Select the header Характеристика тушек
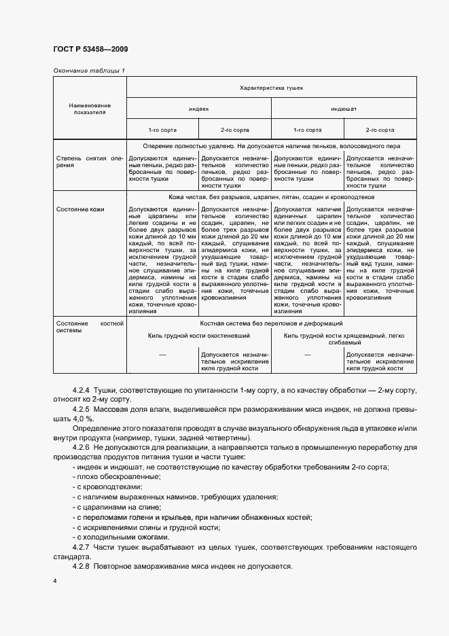coord(271,88)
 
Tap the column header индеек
coord(199,109)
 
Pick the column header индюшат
coord(344,109)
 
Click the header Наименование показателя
coord(89,109)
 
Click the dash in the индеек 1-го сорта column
coord(162,355)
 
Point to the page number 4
coord(54,582)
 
